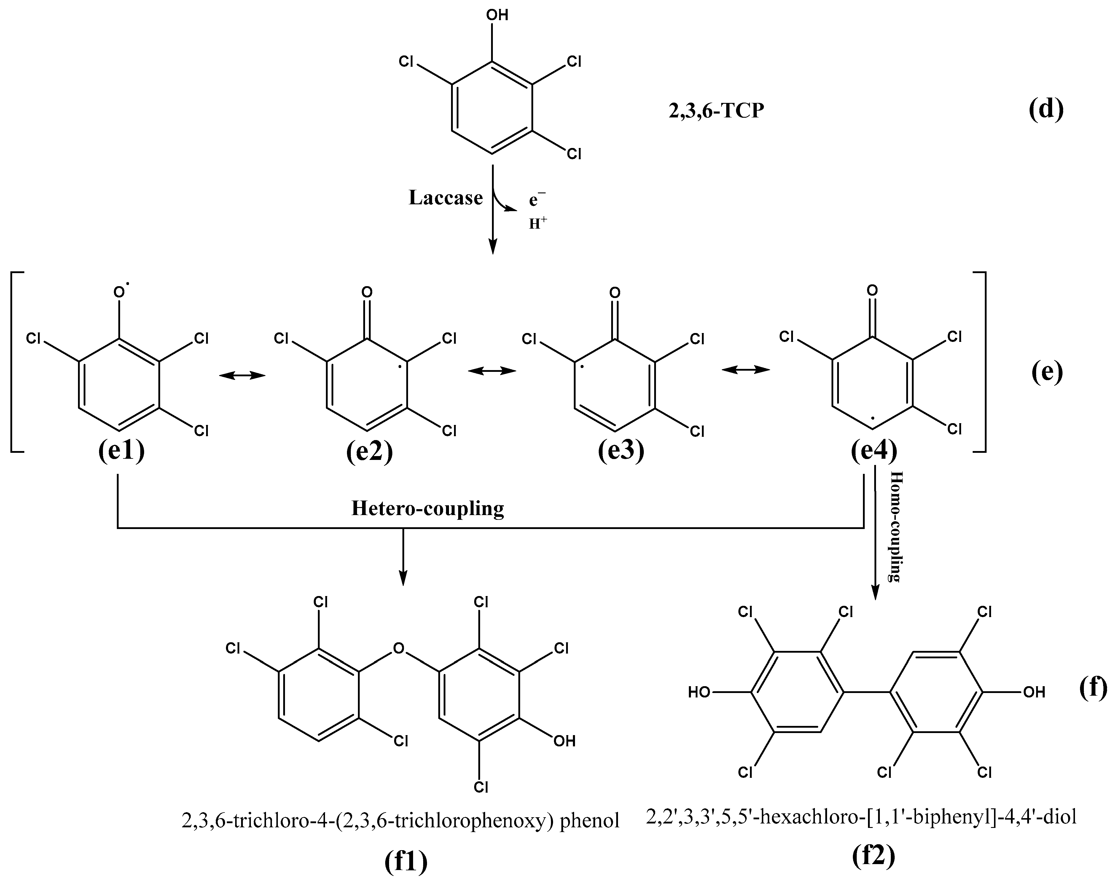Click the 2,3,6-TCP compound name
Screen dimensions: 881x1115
tap(716, 111)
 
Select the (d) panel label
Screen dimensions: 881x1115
tap(1045, 109)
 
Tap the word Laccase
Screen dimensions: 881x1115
tap(446, 197)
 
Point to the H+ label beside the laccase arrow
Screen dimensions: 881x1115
tap(537, 223)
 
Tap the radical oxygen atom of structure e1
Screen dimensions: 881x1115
tap(120, 292)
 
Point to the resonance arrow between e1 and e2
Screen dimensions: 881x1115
tap(242, 375)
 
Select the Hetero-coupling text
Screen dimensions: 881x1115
tap(428, 509)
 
